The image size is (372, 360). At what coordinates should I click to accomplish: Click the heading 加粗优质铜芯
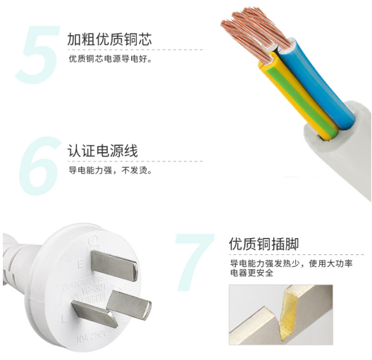click(x=109, y=39)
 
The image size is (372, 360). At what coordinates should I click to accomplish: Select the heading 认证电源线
click(x=102, y=151)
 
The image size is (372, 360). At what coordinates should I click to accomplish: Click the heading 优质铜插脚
click(x=264, y=244)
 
